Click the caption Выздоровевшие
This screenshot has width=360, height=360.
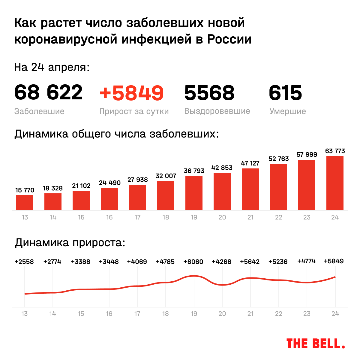point(217,111)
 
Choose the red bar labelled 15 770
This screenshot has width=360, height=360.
point(25,203)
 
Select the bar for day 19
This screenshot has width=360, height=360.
point(194,193)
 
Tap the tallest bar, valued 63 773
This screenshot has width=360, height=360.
point(335,183)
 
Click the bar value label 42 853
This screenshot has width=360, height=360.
point(222,168)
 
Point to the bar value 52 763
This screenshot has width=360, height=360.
point(279,159)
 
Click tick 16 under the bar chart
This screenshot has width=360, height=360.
point(109,217)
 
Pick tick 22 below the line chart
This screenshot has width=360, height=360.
point(279,314)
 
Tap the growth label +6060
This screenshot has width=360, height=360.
point(193,262)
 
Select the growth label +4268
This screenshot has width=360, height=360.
point(222,262)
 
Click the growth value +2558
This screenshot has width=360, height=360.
point(24,262)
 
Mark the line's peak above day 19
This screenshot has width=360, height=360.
point(194,276)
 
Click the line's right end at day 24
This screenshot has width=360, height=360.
point(335,277)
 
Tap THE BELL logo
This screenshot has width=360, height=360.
point(316,343)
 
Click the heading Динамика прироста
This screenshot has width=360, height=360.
point(70,243)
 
